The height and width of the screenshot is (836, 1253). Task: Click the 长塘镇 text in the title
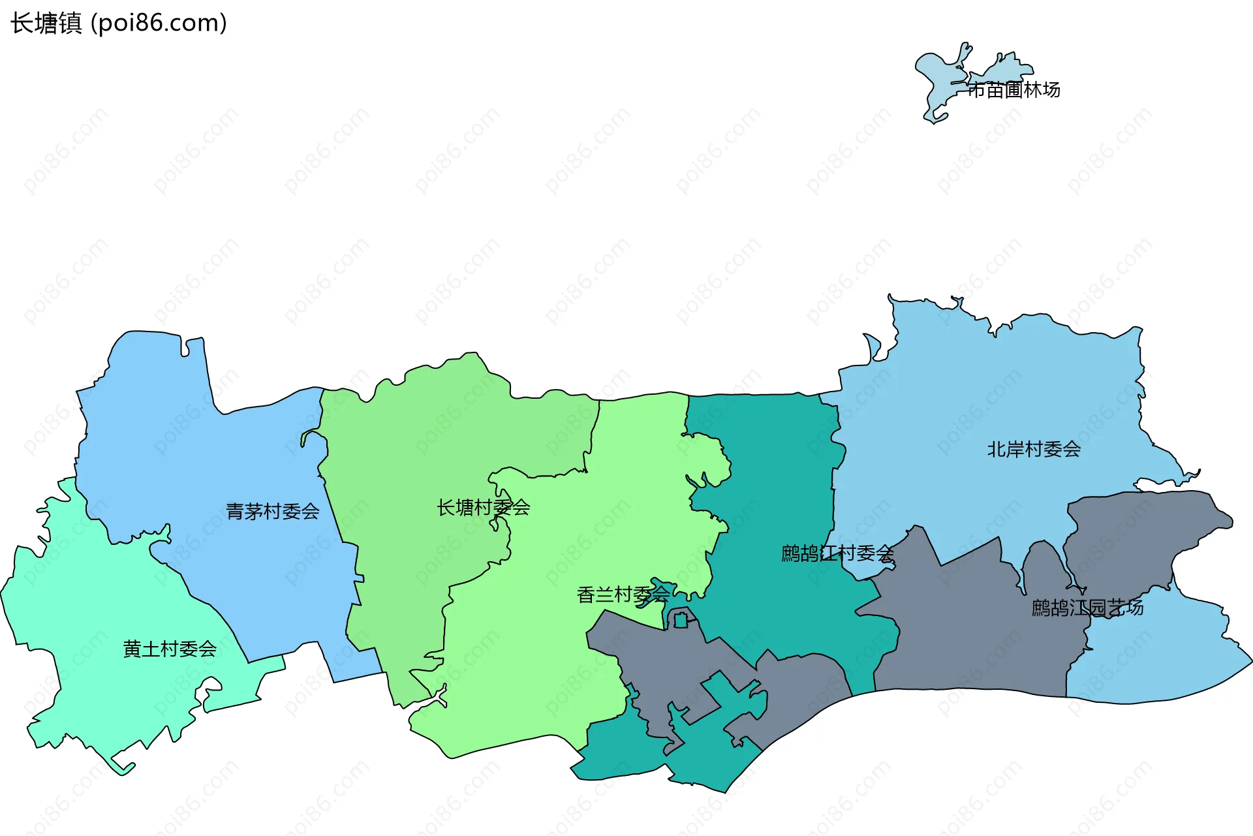(x=46, y=23)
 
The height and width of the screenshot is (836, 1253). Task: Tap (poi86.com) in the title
(x=159, y=23)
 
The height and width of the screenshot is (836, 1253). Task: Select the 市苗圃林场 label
(x=1013, y=90)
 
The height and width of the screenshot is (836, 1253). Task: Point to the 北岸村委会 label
(x=1034, y=450)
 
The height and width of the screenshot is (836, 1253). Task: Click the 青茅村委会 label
(x=273, y=512)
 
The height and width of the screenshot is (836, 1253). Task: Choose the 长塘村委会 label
(x=484, y=508)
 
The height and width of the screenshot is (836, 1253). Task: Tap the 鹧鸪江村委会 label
(x=837, y=554)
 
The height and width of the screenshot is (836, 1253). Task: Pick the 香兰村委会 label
(x=623, y=595)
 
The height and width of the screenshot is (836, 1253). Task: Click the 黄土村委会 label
(x=170, y=649)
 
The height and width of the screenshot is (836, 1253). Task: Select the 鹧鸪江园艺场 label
(x=1087, y=608)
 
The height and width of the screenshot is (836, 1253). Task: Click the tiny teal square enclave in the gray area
(x=681, y=620)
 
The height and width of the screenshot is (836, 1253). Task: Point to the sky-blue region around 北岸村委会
(x=1012, y=392)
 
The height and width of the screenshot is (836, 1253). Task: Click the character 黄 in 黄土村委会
(x=132, y=649)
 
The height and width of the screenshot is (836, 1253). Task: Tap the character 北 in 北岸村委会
(x=997, y=450)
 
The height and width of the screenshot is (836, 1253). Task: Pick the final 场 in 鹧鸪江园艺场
(x=1134, y=608)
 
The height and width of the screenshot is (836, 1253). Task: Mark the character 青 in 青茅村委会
(x=236, y=512)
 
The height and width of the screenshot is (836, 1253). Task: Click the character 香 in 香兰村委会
(x=586, y=595)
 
